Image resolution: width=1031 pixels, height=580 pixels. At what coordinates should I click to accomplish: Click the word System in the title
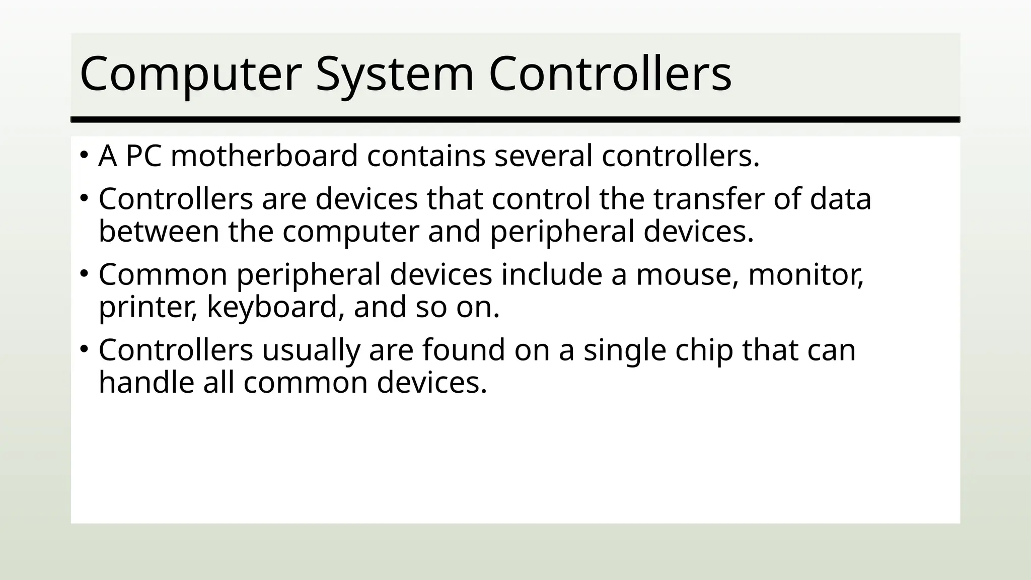394,75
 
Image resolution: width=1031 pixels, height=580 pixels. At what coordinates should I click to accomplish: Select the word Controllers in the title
610,75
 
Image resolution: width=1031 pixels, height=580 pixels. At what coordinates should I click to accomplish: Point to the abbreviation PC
143,156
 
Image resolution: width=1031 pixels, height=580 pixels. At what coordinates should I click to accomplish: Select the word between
159,232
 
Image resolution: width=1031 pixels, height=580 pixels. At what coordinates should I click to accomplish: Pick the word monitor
806,274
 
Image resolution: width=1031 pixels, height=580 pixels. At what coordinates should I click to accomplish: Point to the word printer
148,307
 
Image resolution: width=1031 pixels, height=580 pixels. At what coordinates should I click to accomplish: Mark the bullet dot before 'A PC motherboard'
84,154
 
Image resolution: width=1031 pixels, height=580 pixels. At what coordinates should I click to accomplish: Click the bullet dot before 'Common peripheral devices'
84,273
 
